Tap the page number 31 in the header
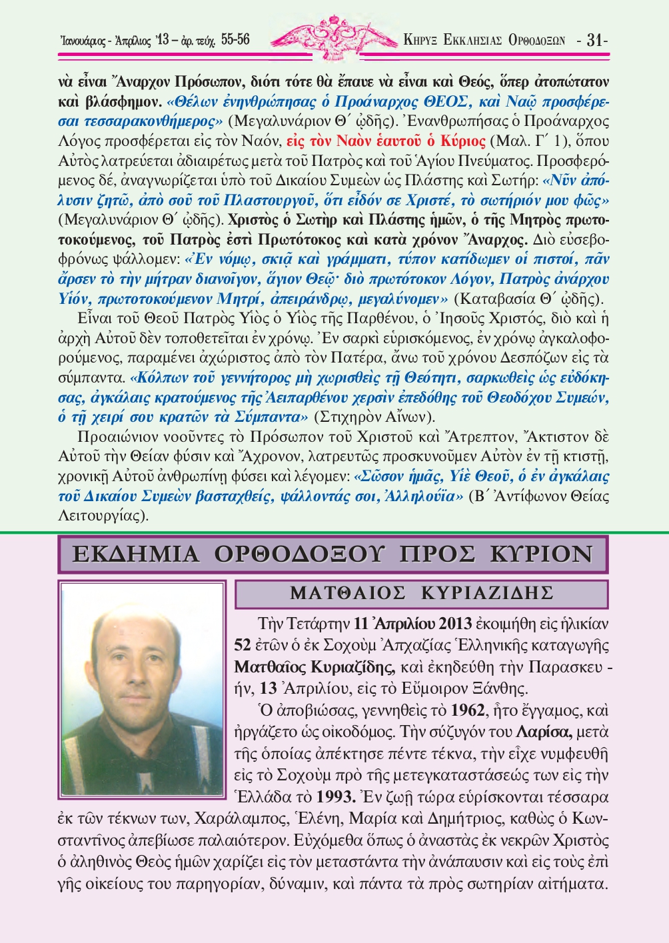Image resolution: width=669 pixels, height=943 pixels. pyautogui.click(x=595, y=40)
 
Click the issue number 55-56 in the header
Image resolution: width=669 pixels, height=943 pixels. pyautogui.click(x=235, y=40)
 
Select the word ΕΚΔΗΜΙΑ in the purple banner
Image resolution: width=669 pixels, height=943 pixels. pyautogui.click(x=136, y=554)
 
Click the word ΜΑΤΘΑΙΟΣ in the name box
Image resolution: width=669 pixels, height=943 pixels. pyautogui.click(x=348, y=592)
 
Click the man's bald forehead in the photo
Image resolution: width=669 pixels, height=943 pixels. pyautogui.click(x=142, y=633)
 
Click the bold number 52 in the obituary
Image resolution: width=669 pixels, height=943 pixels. pyautogui.click(x=243, y=645)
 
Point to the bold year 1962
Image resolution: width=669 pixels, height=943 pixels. pyautogui.click(x=466, y=710)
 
